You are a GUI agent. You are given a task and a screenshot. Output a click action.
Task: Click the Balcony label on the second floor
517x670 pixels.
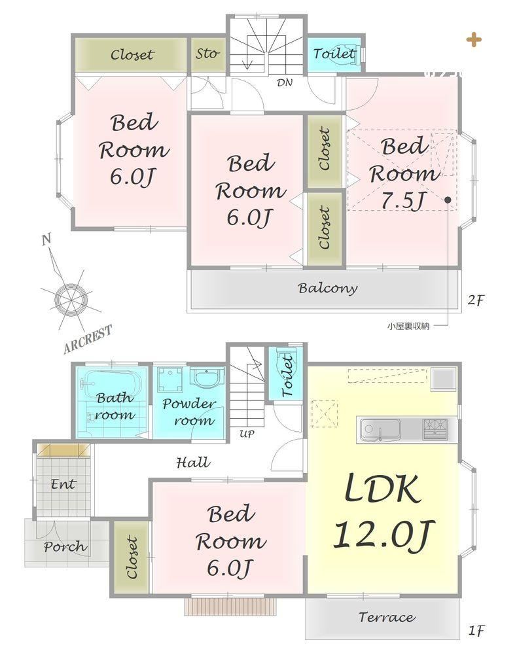(328, 289)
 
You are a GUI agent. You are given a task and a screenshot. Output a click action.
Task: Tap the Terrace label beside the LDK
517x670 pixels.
(387, 617)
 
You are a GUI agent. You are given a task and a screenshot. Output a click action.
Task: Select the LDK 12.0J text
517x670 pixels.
(383, 510)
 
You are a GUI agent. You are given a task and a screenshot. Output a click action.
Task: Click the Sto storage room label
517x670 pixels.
(207, 54)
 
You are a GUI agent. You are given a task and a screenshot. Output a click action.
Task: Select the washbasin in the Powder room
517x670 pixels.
(207, 379)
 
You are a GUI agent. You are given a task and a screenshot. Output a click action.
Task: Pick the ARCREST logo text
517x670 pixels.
(88, 339)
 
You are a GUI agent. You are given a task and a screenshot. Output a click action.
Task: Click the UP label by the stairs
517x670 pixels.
(247, 434)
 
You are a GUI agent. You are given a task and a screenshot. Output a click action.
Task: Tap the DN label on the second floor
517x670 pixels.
(285, 82)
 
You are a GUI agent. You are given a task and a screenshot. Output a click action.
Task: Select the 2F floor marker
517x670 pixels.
(476, 300)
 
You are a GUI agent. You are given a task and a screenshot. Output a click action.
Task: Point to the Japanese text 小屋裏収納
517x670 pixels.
(408, 326)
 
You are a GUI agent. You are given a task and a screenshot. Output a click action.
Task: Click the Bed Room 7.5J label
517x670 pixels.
(403, 173)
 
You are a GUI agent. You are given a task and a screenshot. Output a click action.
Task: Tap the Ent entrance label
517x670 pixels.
(63, 484)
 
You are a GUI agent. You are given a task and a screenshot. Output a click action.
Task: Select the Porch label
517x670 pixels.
(65, 546)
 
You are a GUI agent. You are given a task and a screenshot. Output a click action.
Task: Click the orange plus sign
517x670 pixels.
(474, 40)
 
